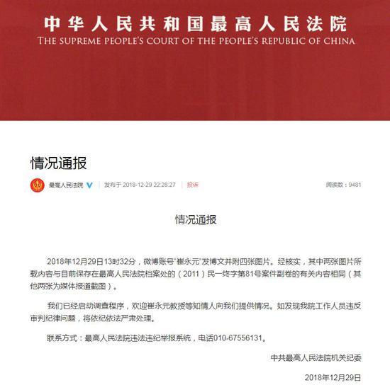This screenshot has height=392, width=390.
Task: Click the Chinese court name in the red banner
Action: (195, 23)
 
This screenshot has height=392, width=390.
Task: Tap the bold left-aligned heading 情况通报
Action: (58, 163)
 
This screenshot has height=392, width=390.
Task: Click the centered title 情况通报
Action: (196, 219)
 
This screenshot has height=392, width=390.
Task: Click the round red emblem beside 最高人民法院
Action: (37, 185)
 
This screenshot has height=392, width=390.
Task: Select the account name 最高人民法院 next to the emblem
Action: (65, 185)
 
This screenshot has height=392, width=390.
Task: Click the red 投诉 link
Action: (193, 185)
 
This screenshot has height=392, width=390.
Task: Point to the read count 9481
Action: (354, 185)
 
